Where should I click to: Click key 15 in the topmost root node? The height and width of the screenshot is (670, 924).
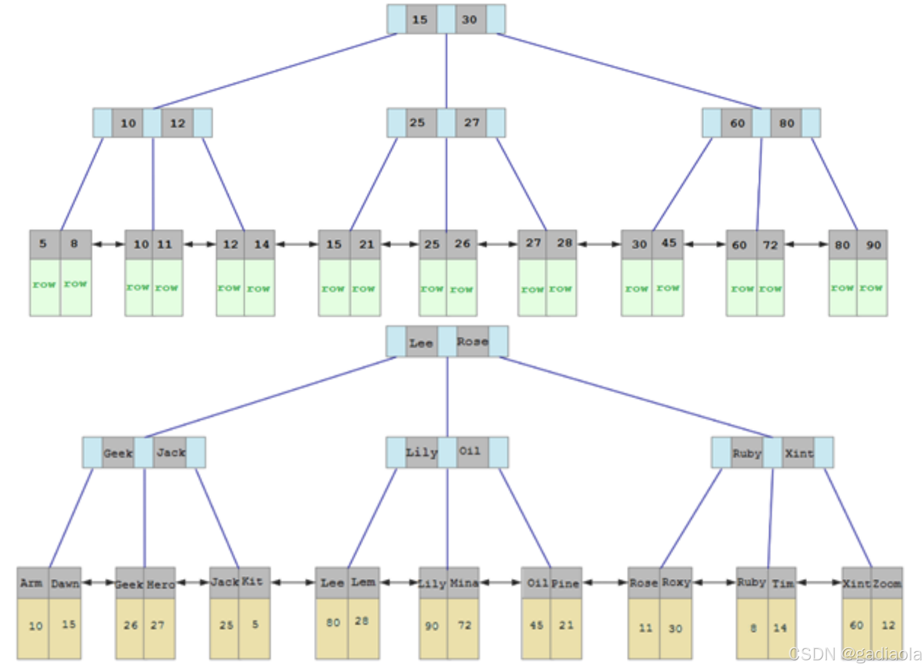tap(421, 19)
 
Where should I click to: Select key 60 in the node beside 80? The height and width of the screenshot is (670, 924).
tap(737, 123)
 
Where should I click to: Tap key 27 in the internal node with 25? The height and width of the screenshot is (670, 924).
tap(472, 123)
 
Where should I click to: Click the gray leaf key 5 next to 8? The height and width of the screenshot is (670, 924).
tap(44, 244)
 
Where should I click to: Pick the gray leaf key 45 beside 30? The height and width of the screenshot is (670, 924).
tap(668, 244)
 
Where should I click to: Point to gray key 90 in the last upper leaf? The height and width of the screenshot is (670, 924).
tap(873, 245)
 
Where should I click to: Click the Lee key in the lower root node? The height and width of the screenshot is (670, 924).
tap(421, 343)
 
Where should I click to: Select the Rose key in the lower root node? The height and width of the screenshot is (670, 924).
tap(472, 342)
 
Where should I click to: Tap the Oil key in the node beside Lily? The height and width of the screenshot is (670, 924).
tap(470, 452)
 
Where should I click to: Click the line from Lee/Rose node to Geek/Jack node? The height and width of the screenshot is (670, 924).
tap(270, 397)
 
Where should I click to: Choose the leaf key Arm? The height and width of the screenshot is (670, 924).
tap(32, 583)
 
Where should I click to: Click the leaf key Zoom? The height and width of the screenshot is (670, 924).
tap(887, 583)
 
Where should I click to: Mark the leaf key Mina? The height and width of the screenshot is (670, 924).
tap(464, 583)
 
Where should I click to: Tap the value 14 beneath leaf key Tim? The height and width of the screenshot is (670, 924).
tap(780, 628)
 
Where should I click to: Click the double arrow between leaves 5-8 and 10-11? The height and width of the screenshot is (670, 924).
tap(108, 245)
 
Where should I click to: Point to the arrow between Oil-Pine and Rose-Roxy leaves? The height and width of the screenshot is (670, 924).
tap(604, 583)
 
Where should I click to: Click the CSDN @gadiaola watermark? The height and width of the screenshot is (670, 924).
tap(855, 654)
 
